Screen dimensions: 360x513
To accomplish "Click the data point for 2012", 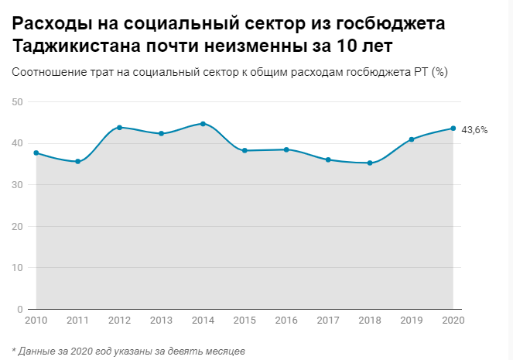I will pos(119,128).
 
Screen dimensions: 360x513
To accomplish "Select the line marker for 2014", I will pos(203,124).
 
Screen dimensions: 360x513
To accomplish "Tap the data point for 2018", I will pos(370,163).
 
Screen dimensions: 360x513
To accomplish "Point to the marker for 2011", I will pos(77,161).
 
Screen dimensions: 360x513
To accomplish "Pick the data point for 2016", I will pos(286,149).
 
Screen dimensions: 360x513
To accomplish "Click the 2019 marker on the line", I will pos(412,139).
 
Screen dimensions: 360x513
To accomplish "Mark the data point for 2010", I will pos(36,153).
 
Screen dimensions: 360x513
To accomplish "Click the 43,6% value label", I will pos(474,130).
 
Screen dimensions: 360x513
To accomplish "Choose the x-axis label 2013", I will pos(161,321).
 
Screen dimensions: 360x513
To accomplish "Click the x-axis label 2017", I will pos(328,321).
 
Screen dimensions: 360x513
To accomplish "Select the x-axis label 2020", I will pos(452,321).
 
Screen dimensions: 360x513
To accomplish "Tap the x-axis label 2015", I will pos(245,321).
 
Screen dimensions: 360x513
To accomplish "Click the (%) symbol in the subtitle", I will pos(439,72).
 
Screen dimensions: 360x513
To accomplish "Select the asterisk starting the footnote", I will pos(14,350).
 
